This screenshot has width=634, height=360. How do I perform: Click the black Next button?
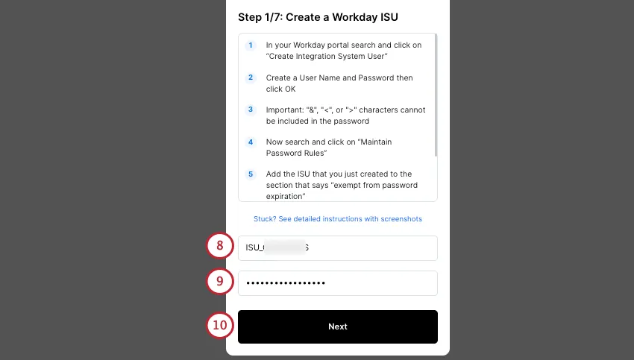pos(337,326)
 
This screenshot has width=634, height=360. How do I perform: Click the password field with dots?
pos(337,283)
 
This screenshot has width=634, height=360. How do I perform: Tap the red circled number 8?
pos(219,245)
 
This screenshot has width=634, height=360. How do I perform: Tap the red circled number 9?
pos(219,281)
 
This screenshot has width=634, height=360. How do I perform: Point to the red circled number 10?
pos(219,326)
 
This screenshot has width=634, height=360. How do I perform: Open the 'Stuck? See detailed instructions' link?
pos(337,219)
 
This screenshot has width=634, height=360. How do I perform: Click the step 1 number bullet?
pos(251,45)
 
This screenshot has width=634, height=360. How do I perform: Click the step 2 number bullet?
pos(251,78)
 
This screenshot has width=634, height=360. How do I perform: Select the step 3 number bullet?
pos(251,110)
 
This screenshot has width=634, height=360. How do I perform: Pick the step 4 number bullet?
pos(251,142)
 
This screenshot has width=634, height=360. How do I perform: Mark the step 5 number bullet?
pos(251,174)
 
